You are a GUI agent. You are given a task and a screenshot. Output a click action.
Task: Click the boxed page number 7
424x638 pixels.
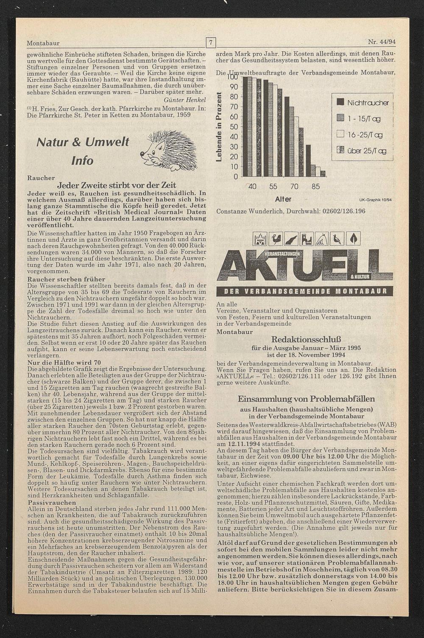211,42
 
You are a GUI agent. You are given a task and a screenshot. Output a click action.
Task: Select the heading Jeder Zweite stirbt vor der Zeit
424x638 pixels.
116,185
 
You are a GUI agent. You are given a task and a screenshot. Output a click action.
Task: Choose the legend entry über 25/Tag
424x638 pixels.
363,151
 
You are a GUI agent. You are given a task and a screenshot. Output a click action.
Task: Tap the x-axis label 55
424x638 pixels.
273,187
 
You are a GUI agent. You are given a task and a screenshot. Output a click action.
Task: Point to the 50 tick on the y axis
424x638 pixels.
234,126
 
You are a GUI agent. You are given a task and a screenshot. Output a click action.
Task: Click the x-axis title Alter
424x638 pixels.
283,199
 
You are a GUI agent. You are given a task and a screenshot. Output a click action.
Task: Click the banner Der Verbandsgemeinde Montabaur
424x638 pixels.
304,291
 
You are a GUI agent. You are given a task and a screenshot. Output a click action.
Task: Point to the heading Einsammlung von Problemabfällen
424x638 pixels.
306,399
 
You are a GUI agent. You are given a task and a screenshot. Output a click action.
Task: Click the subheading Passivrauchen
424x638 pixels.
45,502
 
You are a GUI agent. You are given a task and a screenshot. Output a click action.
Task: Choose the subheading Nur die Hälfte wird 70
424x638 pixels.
64,362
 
